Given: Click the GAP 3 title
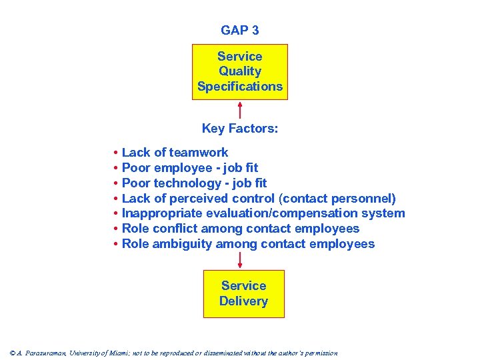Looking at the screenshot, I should (240, 31).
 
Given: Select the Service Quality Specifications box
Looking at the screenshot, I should (240, 72).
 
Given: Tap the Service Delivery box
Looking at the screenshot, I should (243, 293).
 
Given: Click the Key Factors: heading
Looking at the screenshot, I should (240, 129).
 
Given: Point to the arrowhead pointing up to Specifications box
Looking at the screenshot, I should (240, 105).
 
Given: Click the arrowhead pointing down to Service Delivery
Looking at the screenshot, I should (240, 265).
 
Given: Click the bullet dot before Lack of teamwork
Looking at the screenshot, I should (116, 153).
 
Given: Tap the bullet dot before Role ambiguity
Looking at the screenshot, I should (116, 244).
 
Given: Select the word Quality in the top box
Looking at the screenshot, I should (240, 71).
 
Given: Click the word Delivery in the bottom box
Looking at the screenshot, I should (243, 301).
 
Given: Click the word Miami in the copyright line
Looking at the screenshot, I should (137, 353).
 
